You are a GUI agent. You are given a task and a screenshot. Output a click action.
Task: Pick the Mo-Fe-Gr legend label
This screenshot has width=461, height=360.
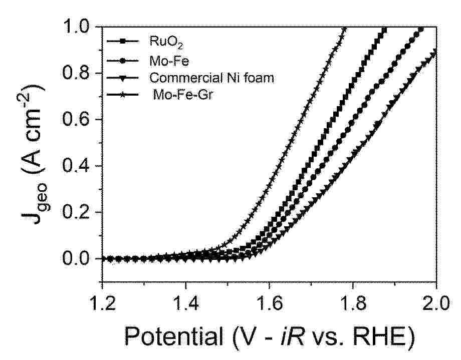[177, 95]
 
